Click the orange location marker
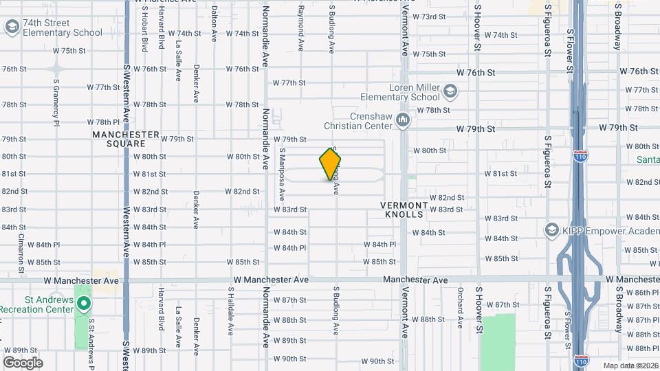pyautogui.click(x=330, y=164)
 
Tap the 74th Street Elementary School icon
pyautogui.click(x=12, y=27)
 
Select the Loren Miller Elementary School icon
pyautogui.click(x=450, y=91)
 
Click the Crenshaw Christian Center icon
pyautogui.click(x=403, y=121)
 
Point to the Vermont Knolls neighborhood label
pyautogui.click(x=410, y=210)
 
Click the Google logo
pyautogui.click(x=23, y=362)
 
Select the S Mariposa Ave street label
pyautogui.click(x=282, y=168)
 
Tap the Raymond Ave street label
pyautogui.click(x=300, y=30)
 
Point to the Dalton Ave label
pyautogui.click(x=214, y=22)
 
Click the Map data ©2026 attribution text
pyautogui.click(x=630, y=366)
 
